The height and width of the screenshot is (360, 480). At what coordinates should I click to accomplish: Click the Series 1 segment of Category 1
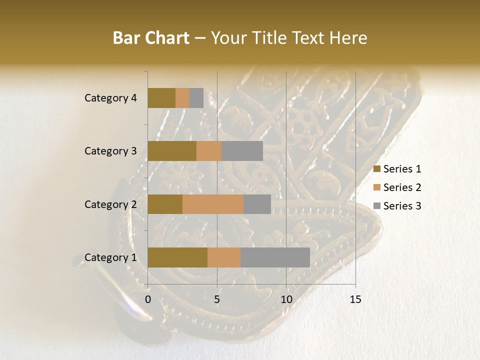177,257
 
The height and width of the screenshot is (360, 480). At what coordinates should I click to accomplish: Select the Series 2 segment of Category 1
224,257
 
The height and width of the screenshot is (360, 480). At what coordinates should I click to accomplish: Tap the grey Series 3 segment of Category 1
275,257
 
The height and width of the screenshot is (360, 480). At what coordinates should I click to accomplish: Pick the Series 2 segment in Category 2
213,204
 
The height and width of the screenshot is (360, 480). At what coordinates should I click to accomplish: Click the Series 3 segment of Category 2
257,204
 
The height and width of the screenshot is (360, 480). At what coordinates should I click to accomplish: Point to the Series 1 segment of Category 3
172,151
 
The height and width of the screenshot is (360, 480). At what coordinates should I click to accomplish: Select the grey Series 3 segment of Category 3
242,151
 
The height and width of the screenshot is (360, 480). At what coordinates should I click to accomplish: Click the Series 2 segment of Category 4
182,98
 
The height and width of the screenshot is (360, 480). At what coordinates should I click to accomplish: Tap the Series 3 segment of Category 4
196,98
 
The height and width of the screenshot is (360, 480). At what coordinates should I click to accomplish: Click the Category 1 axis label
110,257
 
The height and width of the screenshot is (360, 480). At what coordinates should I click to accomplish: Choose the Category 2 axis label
110,204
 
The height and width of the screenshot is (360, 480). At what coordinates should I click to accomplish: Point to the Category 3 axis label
110,151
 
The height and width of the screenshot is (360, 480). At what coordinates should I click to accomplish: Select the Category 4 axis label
110,98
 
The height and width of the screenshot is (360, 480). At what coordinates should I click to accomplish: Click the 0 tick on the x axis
148,299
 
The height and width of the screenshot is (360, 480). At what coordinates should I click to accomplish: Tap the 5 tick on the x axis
217,299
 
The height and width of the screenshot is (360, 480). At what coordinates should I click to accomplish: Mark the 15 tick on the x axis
355,299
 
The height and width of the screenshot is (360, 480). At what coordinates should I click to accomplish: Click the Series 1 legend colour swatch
376,169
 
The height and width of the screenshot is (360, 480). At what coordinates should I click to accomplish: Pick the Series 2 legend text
402,187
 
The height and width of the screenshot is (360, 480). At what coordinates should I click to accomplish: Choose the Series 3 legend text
402,205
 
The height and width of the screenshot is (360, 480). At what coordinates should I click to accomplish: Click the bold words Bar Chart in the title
151,38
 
